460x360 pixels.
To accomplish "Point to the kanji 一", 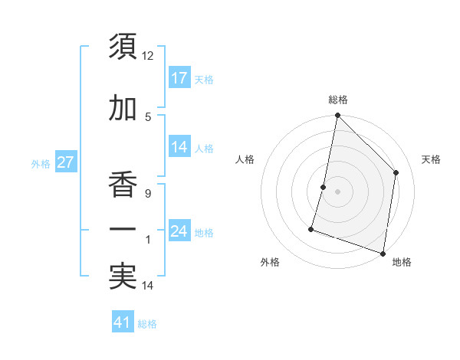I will [x=123, y=229].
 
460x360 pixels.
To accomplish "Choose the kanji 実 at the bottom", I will [x=123, y=277].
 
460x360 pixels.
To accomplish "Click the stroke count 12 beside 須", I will [x=148, y=56].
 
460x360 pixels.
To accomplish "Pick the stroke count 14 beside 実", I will [x=148, y=286].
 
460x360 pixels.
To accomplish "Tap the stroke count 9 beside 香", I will [x=147, y=193].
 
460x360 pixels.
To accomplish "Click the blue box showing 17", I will [x=179, y=77].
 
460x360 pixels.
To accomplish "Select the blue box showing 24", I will [x=179, y=231].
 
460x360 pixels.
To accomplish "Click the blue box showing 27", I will [x=65, y=162].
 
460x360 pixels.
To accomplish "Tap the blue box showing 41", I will [x=123, y=322].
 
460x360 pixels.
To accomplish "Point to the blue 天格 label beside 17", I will [x=204, y=79].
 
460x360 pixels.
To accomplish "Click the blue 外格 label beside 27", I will [x=41, y=163].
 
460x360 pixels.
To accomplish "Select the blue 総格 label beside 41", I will [x=147, y=324].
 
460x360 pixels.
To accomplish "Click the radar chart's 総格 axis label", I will [x=338, y=100].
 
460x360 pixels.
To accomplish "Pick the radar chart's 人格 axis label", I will [x=245, y=159].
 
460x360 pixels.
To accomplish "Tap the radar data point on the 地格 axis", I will [x=383, y=253].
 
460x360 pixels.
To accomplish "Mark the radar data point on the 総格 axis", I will [x=337, y=116].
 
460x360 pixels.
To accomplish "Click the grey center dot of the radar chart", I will [x=337, y=191].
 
